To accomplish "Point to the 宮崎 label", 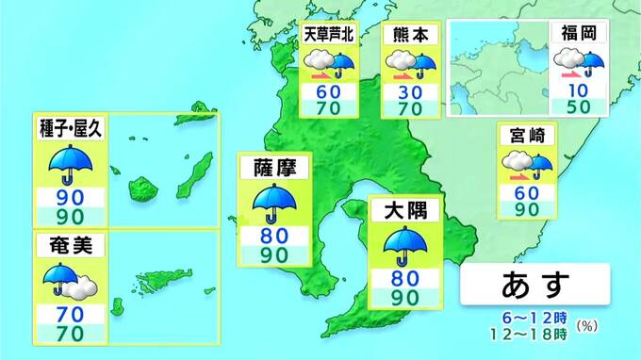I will tap(529, 137).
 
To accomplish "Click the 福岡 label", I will tap(576, 33).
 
